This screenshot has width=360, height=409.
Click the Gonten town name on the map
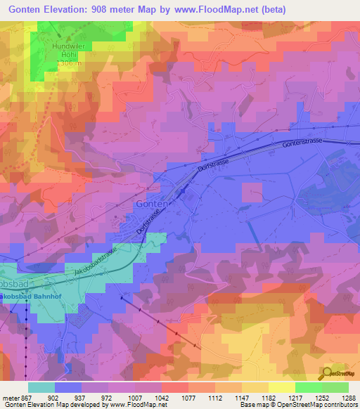[150, 204]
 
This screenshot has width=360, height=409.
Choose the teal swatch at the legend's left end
[41, 387]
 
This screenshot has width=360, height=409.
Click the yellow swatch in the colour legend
[281, 387]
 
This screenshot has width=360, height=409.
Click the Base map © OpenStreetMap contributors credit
[299, 405]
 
